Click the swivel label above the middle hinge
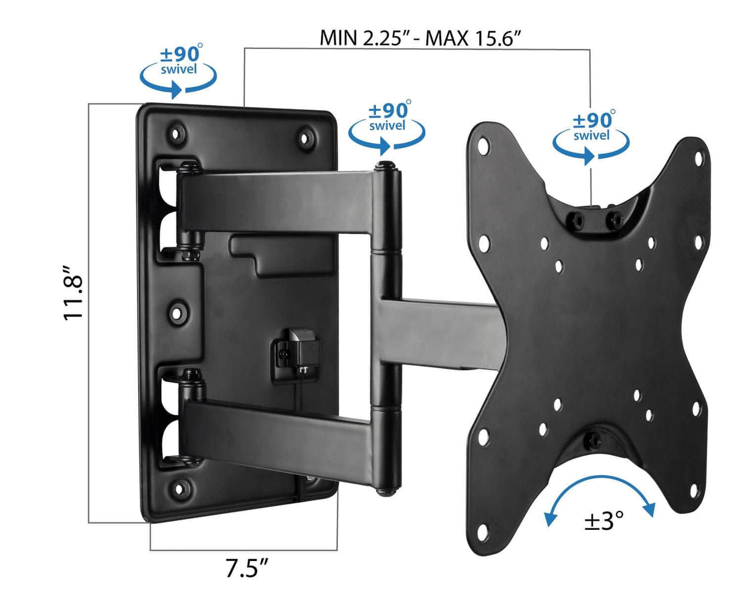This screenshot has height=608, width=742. pos(387,126)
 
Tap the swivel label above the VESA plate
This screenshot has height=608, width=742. pos(591,134)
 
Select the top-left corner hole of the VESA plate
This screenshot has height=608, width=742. pos(483,145)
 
